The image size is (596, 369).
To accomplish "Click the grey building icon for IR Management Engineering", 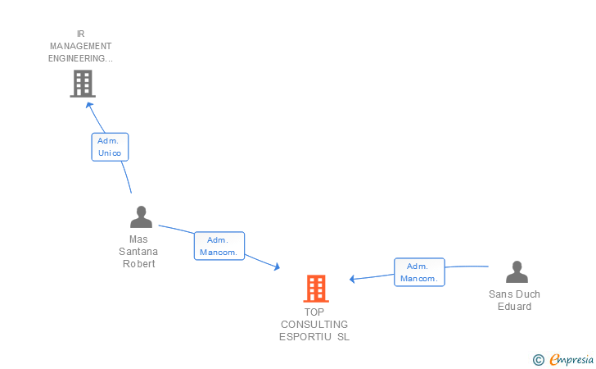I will click(82, 83).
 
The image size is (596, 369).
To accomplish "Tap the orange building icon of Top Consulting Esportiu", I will click(316, 289).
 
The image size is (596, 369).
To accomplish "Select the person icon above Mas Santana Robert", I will click(141, 217).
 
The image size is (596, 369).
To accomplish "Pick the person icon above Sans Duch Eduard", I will click(516, 271).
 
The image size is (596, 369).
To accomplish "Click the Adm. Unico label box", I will click(109, 147).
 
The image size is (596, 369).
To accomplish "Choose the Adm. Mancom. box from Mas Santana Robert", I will click(219, 246).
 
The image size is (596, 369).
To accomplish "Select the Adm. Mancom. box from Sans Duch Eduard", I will click(418, 272).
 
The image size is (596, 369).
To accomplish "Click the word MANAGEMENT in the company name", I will click(80, 46).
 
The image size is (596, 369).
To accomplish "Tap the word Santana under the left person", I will click(138, 252).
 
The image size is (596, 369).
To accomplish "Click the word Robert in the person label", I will click(138, 264).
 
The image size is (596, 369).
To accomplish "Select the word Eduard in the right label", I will click(514, 307).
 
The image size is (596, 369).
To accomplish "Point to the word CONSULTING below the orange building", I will click(314, 324).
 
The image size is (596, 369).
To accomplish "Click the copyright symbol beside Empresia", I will click(539, 359).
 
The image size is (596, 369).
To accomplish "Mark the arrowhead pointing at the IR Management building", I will click(89, 104).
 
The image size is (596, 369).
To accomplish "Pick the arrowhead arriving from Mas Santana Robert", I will click(277, 266).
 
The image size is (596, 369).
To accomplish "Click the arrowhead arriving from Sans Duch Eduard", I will click(353, 280).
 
